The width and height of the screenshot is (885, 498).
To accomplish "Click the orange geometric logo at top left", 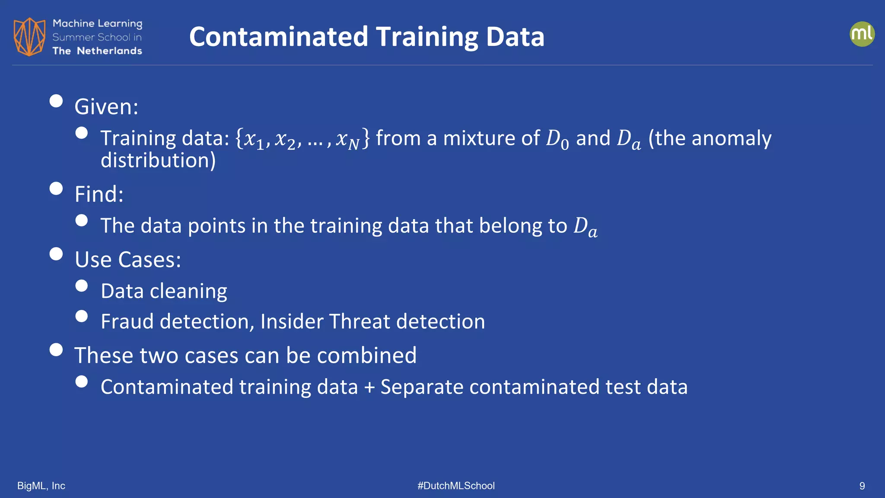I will click(x=29, y=37).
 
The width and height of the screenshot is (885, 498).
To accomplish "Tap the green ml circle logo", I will click(x=862, y=34).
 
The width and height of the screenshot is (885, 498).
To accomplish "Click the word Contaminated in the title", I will click(x=278, y=37).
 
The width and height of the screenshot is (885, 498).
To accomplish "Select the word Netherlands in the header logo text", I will click(x=109, y=51).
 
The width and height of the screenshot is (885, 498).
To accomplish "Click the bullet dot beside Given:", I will click(x=56, y=101).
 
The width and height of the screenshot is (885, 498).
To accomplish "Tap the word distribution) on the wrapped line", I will click(x=158, y=160).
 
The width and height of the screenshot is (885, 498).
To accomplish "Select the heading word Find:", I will click(x=99, y=194).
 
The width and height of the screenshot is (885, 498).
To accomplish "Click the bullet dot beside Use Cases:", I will click(x=56, y=254).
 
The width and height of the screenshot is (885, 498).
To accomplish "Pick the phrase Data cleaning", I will click(x=164, y=291).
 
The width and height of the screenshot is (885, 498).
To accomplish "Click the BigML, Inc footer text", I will click(x=41, y=486).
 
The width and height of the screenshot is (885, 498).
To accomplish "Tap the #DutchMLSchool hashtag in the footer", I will click(x=456, y=486).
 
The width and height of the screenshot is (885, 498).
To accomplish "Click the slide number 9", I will click(x=862, y=486).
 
